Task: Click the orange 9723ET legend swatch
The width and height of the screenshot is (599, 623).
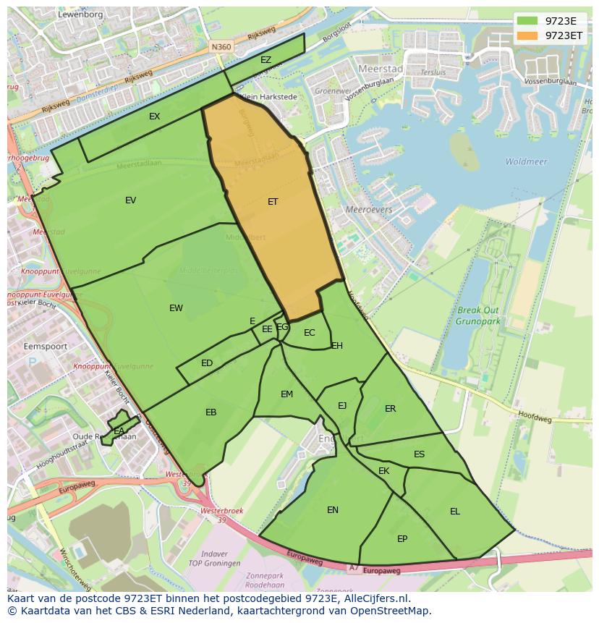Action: (x=527, y=35)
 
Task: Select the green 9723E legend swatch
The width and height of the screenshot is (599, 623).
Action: (x=527, y=21)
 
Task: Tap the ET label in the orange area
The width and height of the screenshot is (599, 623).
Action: (x=273, y=202)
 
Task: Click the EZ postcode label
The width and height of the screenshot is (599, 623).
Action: (x=265, y=60)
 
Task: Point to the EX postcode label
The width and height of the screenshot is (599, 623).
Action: (x=154, y=116)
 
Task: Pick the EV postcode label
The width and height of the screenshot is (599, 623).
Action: (x=130, y=200)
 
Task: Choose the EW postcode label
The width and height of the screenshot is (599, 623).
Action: (x=176, y=308)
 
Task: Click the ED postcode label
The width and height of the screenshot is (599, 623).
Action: (x=207, y=363)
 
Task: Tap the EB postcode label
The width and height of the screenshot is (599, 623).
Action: (x=211, y=412)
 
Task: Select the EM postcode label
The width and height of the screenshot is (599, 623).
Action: (x=286, y=394)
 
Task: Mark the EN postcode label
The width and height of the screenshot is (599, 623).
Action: (x=333, y=510)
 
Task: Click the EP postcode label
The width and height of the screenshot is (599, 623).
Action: (x=402, y=539)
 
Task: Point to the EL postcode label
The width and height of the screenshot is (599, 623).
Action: (x=455, y=512)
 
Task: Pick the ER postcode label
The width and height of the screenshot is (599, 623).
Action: (x=391, y=409)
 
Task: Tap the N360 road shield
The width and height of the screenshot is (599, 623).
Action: (x=221, y=47)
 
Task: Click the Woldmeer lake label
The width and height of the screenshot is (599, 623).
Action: (x=526, y=162)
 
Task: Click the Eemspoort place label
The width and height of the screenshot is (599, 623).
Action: (x=46, y=347)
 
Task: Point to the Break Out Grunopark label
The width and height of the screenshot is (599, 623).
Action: (x=478, y=315)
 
